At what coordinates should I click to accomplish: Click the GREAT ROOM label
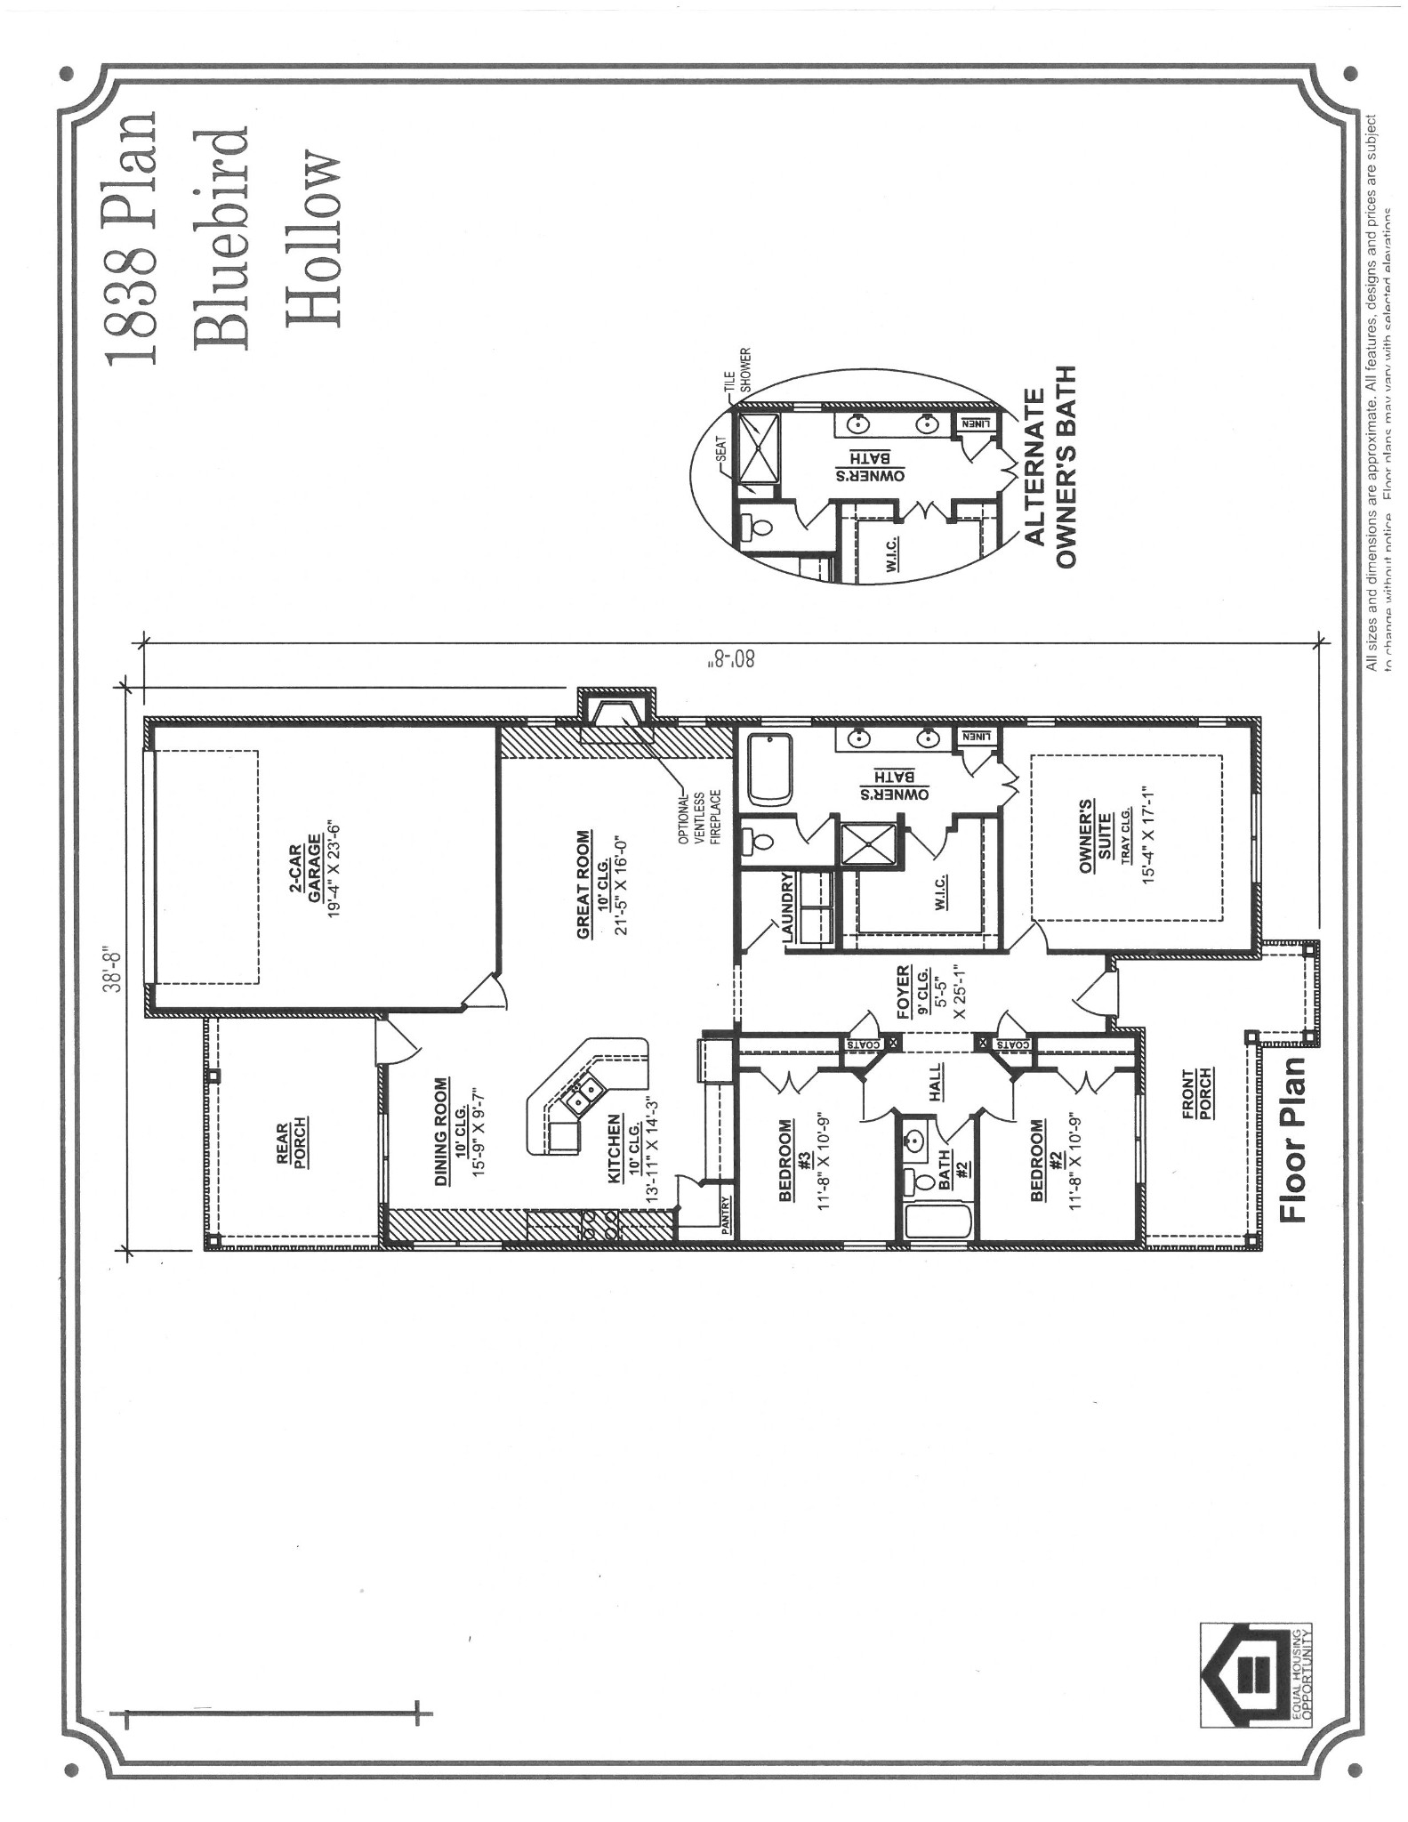click(583, 884)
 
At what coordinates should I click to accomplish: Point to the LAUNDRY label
click(787, 907)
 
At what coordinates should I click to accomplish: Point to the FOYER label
click(904, 990)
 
